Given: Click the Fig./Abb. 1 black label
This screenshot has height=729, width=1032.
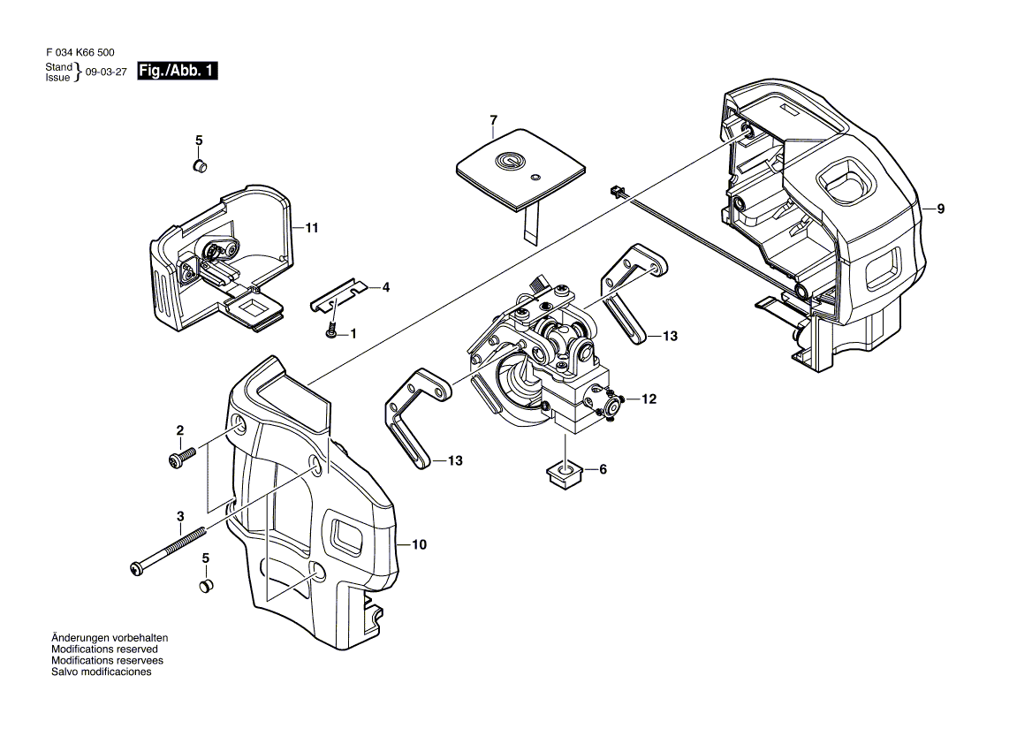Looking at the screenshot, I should [178, 72].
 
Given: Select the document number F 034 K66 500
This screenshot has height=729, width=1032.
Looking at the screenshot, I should [79, 53].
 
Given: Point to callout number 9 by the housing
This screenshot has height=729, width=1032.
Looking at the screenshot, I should [941, 209].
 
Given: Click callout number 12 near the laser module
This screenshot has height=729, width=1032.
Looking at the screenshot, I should [649, 399].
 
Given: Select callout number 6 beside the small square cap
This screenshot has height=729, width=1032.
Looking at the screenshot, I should [603, 469].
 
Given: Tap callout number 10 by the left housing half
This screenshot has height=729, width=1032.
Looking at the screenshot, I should [419, 545].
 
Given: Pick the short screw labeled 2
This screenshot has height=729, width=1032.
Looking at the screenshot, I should [180, 458].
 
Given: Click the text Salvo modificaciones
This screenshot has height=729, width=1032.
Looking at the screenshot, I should [102, 672].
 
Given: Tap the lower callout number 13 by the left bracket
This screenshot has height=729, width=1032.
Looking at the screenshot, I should [455, 460].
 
